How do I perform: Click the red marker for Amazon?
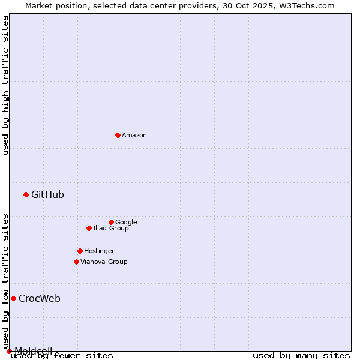tap(118, 135)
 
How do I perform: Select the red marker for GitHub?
tap(26, 194)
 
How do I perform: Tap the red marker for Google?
tap(111, 222)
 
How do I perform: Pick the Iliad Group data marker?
tap(89, 228)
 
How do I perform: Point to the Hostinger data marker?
tap(80, 251)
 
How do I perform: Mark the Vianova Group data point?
tap(76, 262)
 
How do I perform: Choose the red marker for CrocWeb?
tap(13, 298)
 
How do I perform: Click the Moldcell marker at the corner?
tap(9, 351)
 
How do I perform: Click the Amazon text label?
tap(134, 136)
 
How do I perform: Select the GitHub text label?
tap(47, 194)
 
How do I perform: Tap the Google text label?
tap(126, 222)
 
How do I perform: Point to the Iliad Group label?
tap(111, 228)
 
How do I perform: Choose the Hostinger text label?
tap(99, 251)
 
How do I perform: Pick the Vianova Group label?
tap(104, 262)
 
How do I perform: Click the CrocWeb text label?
tap(40, 299)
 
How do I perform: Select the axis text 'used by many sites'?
tap(301, 356)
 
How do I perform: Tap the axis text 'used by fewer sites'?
tap(62, 356)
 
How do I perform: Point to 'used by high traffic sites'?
tap(5, 85)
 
